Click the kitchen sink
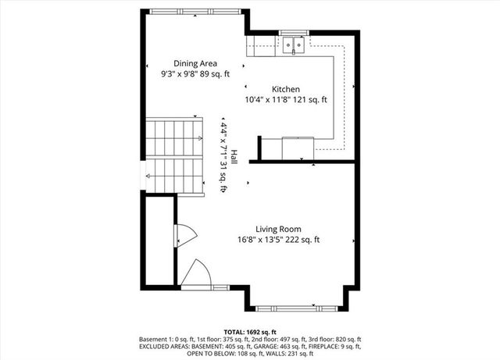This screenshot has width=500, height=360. click(294, 45)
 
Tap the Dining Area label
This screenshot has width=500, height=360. click(195, 63)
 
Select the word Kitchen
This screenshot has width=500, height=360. click(285, 89)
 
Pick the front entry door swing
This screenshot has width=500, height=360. click(195, 273)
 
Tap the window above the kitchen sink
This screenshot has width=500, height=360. click(295, 34)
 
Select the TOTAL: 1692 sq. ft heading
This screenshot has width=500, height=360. click(249, 332)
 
